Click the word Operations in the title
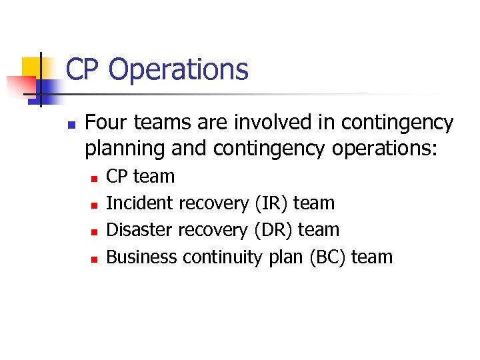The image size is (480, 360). (178, 69)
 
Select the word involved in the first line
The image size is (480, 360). (258, 123)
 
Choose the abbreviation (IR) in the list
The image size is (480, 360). (270, 203)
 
